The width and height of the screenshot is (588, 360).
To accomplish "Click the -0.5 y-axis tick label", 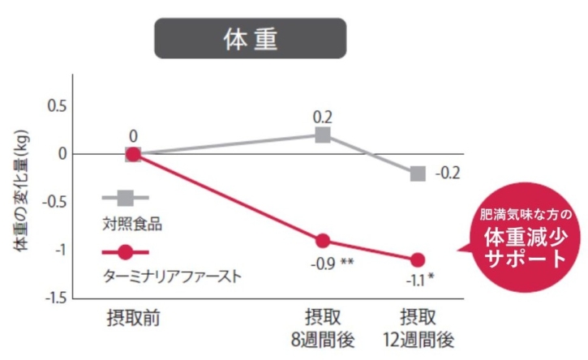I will point(56,203).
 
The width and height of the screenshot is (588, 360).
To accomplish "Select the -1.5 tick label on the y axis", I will point(56,298).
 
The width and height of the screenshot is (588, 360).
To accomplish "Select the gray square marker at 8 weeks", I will point(323,135).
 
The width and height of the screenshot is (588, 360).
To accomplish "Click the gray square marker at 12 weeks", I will point(418,174).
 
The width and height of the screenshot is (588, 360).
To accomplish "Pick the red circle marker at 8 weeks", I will point(323,240).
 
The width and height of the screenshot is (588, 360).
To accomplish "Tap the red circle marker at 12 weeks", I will point(418,259).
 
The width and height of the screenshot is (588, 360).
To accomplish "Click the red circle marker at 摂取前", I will point(133,154).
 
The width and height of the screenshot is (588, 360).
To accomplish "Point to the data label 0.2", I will point(323,117).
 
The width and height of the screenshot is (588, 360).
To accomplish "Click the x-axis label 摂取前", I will point(133,316).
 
